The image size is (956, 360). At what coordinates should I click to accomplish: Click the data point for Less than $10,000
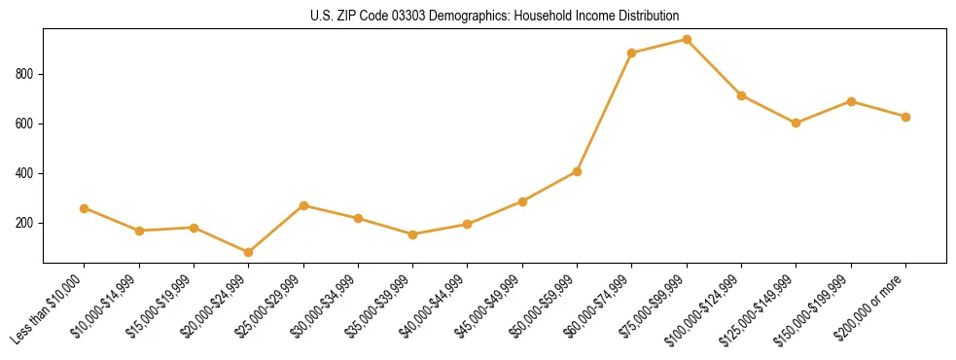pyautogui.click(x=85, y=208)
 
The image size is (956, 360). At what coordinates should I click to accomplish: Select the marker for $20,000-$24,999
pyautogui.click(x=249, y=252)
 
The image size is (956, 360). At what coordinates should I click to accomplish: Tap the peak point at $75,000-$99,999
pyautogui.click(x=687, y=40)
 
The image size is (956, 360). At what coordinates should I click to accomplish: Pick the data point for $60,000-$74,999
pyautogui.click(x=632, y=53)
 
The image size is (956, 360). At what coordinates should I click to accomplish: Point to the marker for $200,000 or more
pyautogui.click(x=905, y=117)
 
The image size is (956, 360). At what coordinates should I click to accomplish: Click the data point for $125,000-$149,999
pyautogui.click(x=797, y=123)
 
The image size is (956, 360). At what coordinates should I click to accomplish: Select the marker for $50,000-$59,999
pyautogui.click(x=578, y=171)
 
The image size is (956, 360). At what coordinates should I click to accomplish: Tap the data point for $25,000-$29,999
pyautogui.click(x=303, y=205)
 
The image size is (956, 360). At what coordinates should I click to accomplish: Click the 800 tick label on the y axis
pyautogui.click(x=26, y=74)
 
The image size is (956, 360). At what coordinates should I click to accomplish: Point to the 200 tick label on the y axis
pyautogui.click(x=26, y=223)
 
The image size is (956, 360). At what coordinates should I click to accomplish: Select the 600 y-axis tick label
pyautogui.click(x=26, y=124)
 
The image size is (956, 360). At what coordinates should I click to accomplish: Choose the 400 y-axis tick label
pyautogui.click(x=26, y=173)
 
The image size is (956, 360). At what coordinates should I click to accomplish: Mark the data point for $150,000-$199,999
pyautogui.click(x=851, y=101)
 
